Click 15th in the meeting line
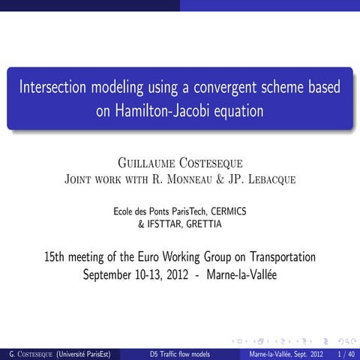[x=55, y=257]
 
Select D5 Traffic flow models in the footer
[x=179, y=353]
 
